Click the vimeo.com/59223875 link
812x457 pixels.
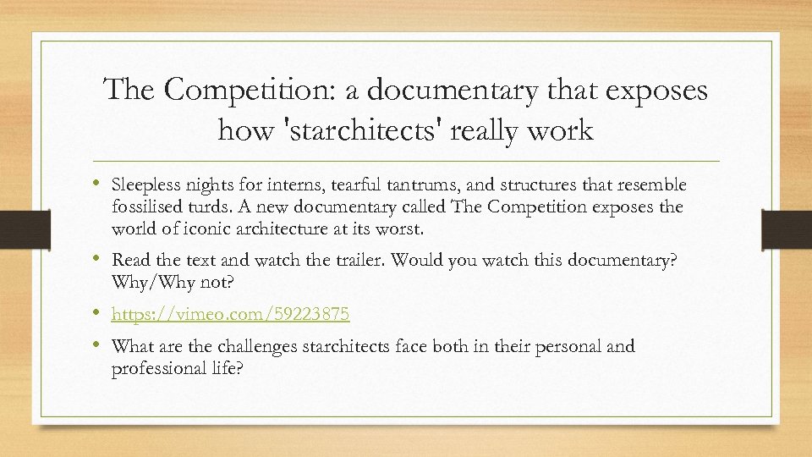click(230, 315)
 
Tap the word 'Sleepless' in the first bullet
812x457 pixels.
click(145, 185)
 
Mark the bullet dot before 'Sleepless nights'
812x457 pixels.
click(101, 184)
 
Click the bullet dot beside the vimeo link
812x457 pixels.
click(101, 313)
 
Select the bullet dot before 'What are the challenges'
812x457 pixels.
click(101, 344)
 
